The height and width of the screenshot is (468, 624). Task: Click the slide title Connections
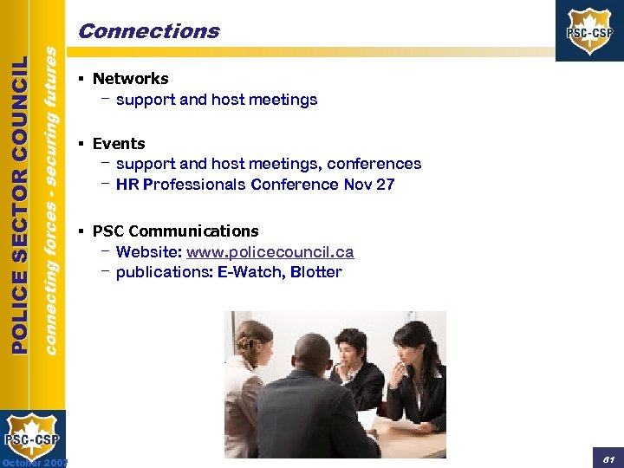[148, 31]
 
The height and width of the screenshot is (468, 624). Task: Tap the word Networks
[131, 79]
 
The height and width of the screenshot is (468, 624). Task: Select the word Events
[119, 144]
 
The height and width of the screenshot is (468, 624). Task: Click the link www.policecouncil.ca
[270, 252]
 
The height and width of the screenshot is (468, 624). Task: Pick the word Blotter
[316, 272]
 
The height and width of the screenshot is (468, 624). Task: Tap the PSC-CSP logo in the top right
[589, 31]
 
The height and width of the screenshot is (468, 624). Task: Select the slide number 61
[608, 456]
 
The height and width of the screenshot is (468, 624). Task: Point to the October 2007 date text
[35, 462]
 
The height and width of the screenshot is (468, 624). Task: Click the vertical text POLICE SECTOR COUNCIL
[20, 205]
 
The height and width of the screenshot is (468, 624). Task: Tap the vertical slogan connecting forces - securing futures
[52, 199]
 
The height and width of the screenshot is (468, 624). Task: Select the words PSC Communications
[175, 231]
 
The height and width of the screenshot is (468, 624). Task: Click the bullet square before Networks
[80, 79]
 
